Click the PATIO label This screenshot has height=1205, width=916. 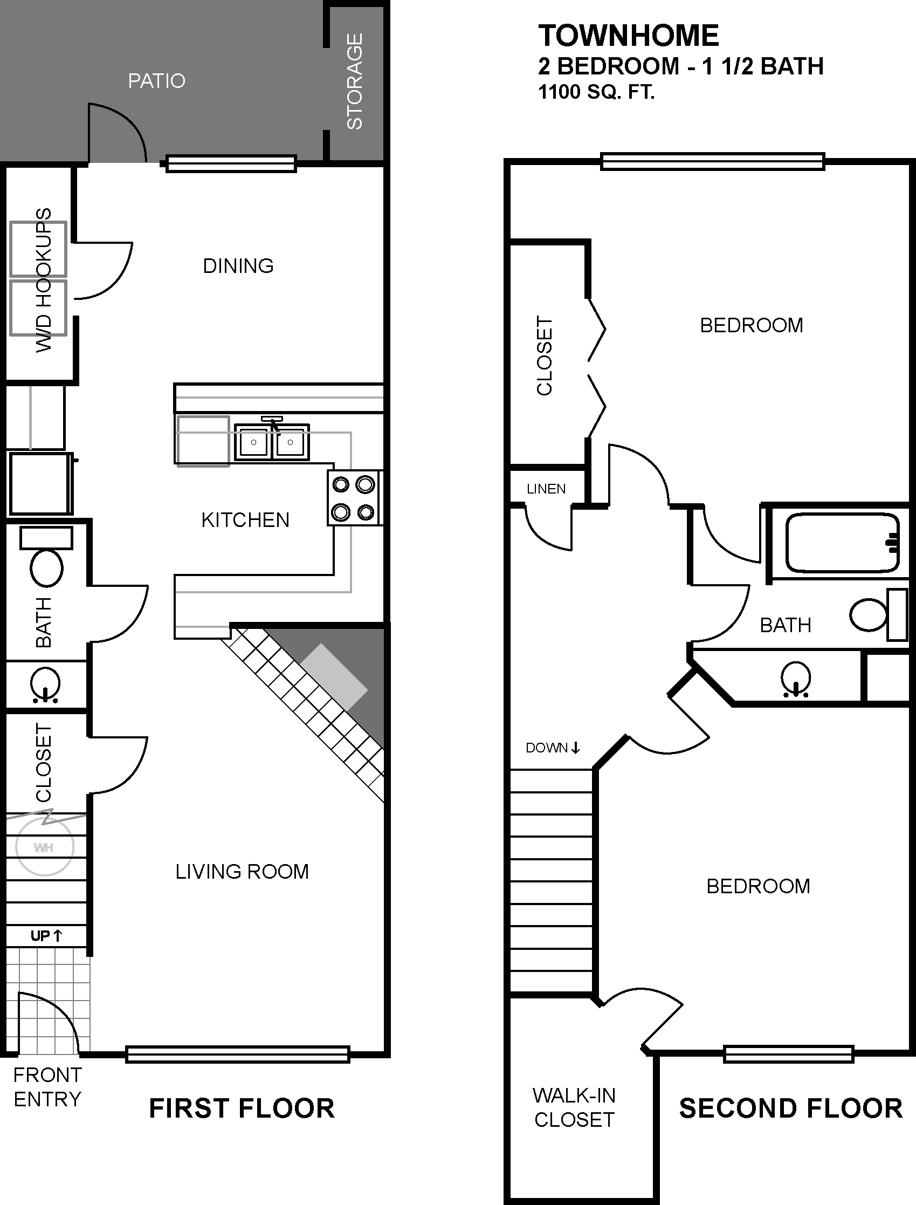[x=156, y=81]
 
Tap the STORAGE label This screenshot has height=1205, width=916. [x=354, y=81]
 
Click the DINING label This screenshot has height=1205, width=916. [x=238, y=266]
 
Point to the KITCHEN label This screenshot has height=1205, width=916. [x=245, y=520]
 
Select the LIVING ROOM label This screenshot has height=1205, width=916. [x=242, y=871]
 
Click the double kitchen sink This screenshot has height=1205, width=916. [x=272, y=441]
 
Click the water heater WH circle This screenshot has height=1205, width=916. [x=44, y=847]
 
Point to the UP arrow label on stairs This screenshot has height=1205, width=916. [x=46, y=936]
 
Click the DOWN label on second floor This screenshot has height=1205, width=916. [x=552, y=748]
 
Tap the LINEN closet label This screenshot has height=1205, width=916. [x=546, y=489]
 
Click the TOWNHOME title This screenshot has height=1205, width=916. [x=629, y=36]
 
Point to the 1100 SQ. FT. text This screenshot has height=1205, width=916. [x=596, y=92]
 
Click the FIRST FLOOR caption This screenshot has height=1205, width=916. [x=242, y=1108]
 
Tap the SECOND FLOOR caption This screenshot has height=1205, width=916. [x=790, y=1108]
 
